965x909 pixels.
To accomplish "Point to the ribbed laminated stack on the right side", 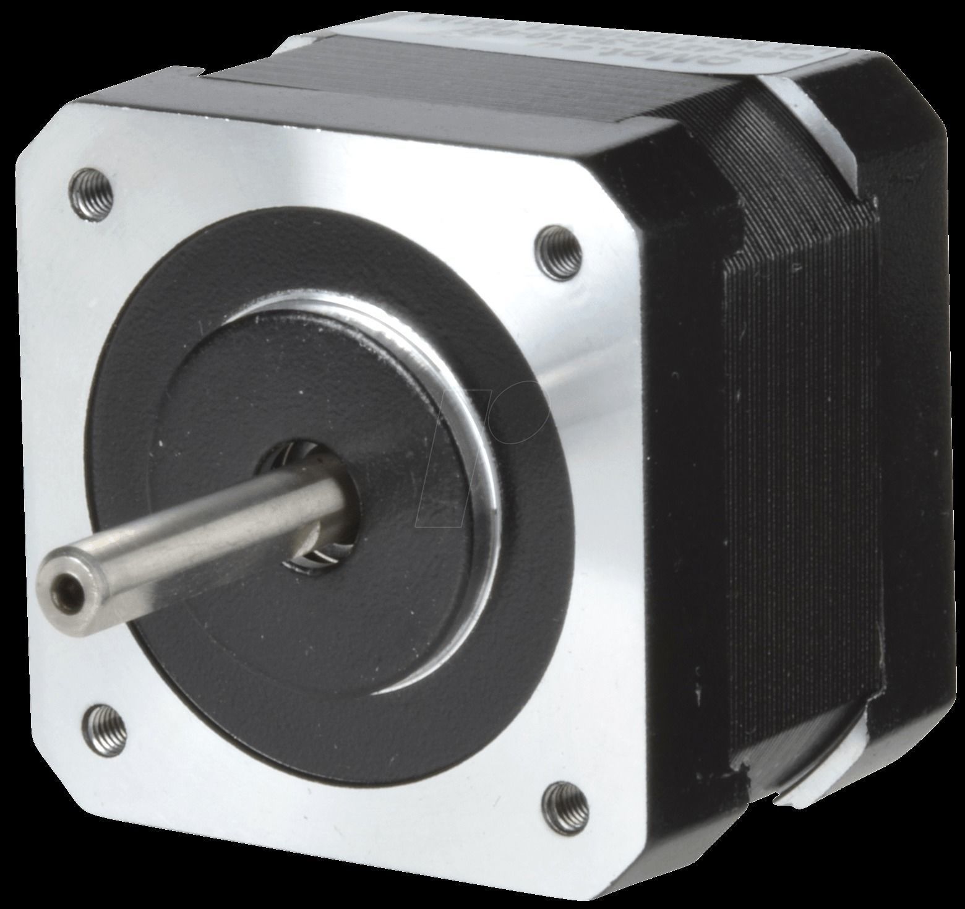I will [x=798, y=495].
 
